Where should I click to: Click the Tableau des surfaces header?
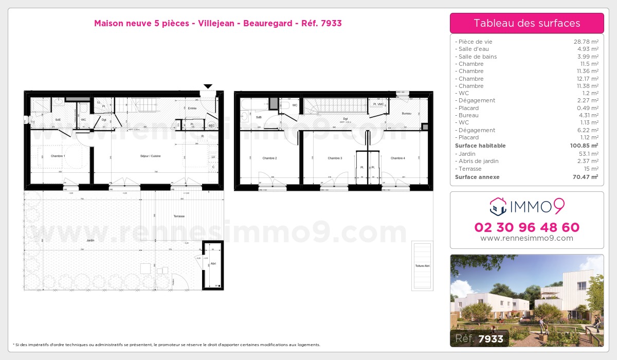pyautogui.click(x=527, y=23)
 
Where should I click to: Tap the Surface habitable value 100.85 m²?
pyautogui.click(x=583, y=146)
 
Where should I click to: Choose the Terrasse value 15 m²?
pyautogui.click(x=589, y=169)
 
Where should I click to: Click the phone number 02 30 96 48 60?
pyautogui.click(x=527, y=227)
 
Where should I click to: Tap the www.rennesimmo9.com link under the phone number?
pyautogui.click(x=527, y=239)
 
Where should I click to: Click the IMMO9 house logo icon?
pyautogui.click(x=498, y=207)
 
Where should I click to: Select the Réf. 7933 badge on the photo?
pyautogui.click(x=479, y=338)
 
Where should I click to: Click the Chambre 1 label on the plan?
pyautogui.click(x=58, y=156)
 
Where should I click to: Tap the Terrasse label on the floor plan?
pyautogui.click(x=179, y=216)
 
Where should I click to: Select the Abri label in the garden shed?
pyautogui.click(x=213, y=263)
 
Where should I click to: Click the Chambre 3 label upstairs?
pyautogui.click(x=335, y=158)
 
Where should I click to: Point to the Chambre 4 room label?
pyautogui.click(x=397, y=158)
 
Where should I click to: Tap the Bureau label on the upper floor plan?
pyautogui.click(x=406, y=113)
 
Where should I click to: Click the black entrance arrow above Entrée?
pyautogui.click(x=208, y=86)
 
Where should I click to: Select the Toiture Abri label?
pyautogui.click(x=422, y=265)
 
